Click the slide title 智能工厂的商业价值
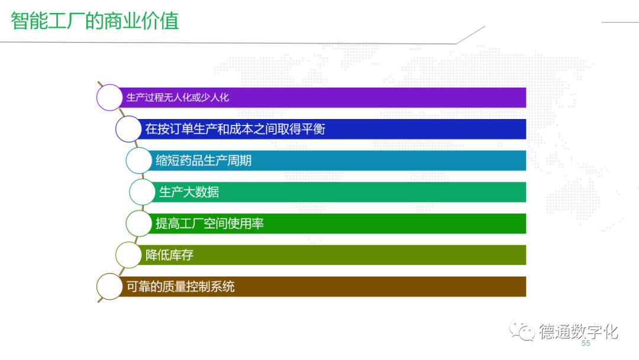(x=95, y=21)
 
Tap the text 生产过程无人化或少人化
(x=177, y=98)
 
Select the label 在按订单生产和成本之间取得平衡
(x=235, y=129)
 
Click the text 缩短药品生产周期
(x=204, y=160)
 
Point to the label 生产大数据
(x=189, y=192)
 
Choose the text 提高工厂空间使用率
(x=209, y=223)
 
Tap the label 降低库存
(x=169, y=255)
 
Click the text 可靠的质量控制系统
(x=180, y=287)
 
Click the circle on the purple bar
(x=109, y=98)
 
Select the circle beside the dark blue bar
(x=128, y=129)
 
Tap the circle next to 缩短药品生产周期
(x=139, y=160)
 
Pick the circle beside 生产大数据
(x=142, y=192)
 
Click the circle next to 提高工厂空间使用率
(x=139, y=223)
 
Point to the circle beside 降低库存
(x=128, y=255)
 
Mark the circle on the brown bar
(x=109, y=287)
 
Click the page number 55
(x=586, y=343)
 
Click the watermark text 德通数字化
(x=578, y=332)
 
